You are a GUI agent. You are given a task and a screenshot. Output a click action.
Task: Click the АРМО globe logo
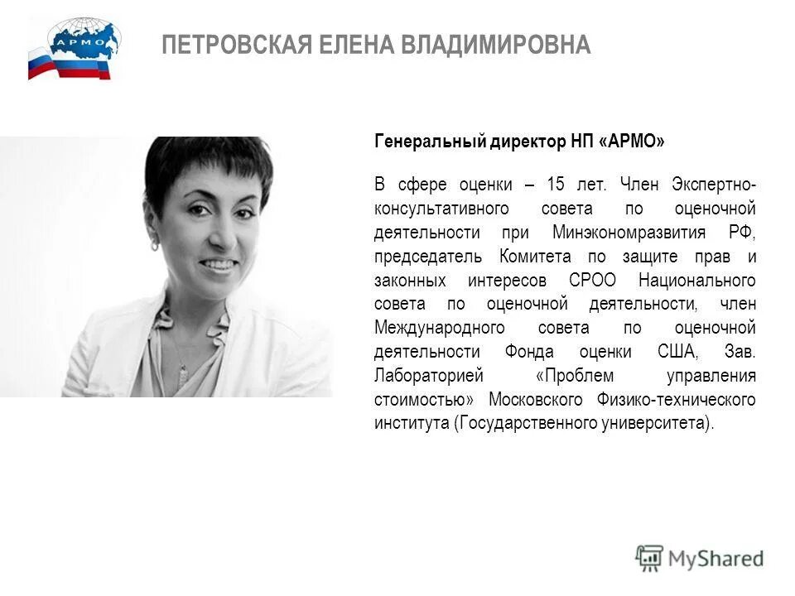tap(84, 40)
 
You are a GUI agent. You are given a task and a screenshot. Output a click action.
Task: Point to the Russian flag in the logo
tap(41, 64)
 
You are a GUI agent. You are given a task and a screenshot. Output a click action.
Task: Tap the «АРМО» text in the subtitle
tap(635, 142)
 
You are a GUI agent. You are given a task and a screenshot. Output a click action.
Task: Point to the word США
tap(676, 352)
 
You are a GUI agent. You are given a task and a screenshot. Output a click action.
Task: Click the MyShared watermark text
tap(716, 559)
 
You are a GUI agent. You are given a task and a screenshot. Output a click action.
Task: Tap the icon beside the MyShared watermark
tap(649, 558)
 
